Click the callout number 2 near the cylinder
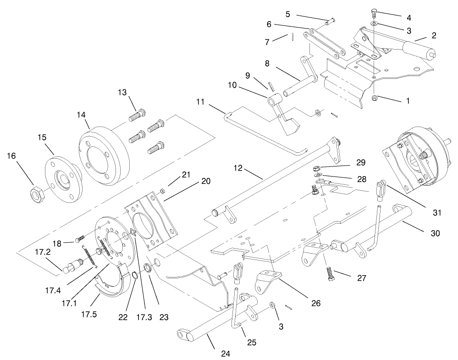click(434, 35)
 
